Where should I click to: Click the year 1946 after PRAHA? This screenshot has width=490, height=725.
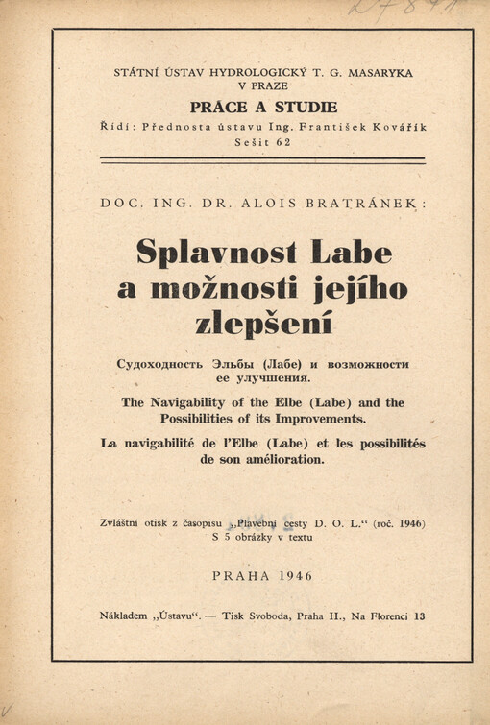coord(293,575)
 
